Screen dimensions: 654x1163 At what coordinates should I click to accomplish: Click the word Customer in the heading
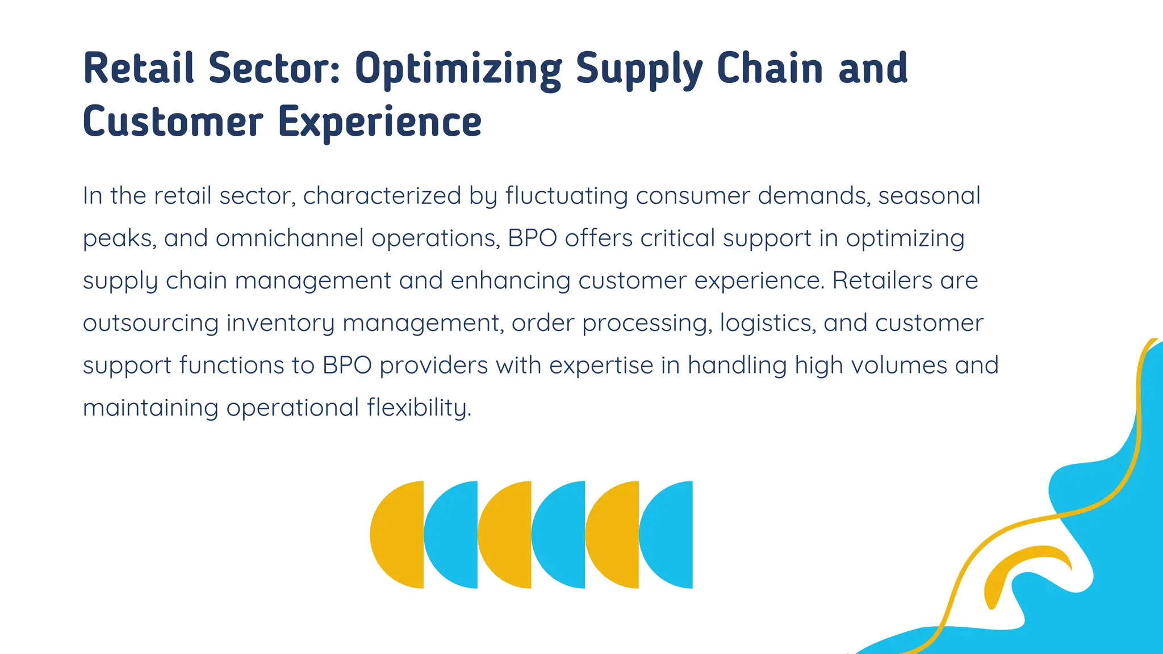coord(173,121)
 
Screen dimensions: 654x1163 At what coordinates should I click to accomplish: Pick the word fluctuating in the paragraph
coord(566,196)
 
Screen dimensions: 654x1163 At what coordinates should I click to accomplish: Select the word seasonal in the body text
coord(929,196)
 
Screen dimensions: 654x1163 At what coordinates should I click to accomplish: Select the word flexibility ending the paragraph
coord(419,408)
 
